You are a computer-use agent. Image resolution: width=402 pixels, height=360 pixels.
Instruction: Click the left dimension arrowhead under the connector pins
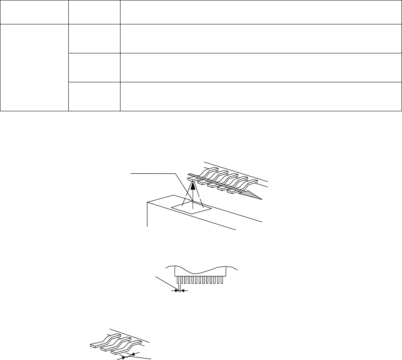(174, 291)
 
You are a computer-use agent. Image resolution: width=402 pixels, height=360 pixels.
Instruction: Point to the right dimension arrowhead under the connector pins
(185, 291)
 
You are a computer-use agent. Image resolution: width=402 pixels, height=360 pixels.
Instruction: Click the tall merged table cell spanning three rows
(34, 67)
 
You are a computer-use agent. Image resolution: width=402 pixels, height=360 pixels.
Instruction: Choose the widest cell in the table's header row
(261, 12)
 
